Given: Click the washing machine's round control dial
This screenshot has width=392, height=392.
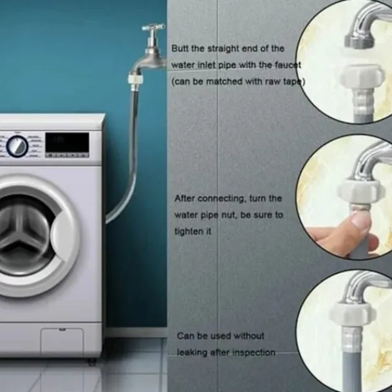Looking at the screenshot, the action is (x=17, y=146).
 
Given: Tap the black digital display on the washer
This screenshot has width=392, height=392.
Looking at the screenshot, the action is (x=67, y=142).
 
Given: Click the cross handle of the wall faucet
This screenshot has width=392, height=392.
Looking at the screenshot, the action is (x=154, y=27).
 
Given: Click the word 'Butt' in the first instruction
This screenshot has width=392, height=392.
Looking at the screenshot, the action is (x=180, y=48).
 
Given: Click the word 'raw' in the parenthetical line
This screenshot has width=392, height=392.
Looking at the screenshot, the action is (x=274, y=82).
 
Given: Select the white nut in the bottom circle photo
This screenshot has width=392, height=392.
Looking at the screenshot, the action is (x=353, y=314).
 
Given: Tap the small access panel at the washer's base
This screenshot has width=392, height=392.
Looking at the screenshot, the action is (x=62, y=342).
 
